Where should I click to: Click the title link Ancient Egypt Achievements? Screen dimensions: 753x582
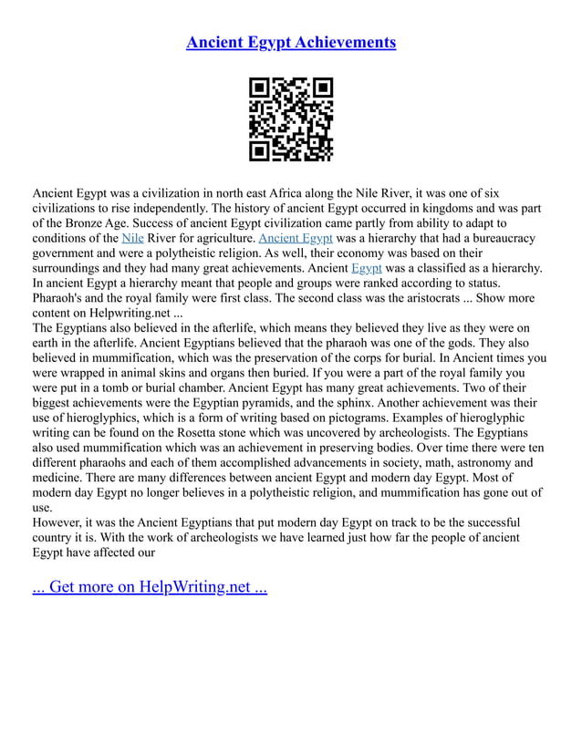290,43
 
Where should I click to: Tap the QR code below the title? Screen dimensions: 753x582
291,119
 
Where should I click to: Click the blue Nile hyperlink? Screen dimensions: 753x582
132,238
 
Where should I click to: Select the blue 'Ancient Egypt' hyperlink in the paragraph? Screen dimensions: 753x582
296,238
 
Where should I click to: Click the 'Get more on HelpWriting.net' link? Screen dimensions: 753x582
150,586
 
